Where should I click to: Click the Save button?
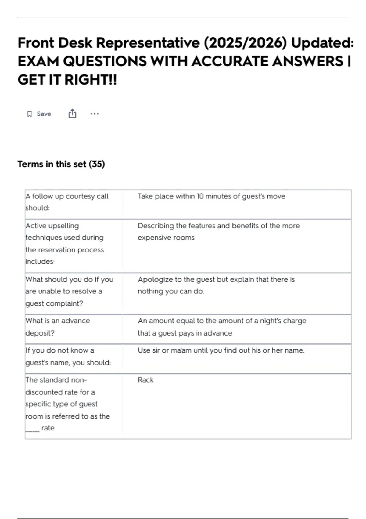(39, 114)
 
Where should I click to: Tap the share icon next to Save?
(72, 114)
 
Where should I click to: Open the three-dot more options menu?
(95, 114)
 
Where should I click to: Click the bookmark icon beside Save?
(30, 114)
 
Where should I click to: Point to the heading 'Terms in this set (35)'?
(61, 164)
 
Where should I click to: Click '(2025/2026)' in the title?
(245, 43)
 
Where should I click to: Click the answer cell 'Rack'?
(145, 380)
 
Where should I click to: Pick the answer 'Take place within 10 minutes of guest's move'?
(211, 196)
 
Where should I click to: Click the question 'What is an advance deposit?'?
(58, 327)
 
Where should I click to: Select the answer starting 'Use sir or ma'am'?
(221, 350)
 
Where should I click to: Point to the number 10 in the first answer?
(200, 196)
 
